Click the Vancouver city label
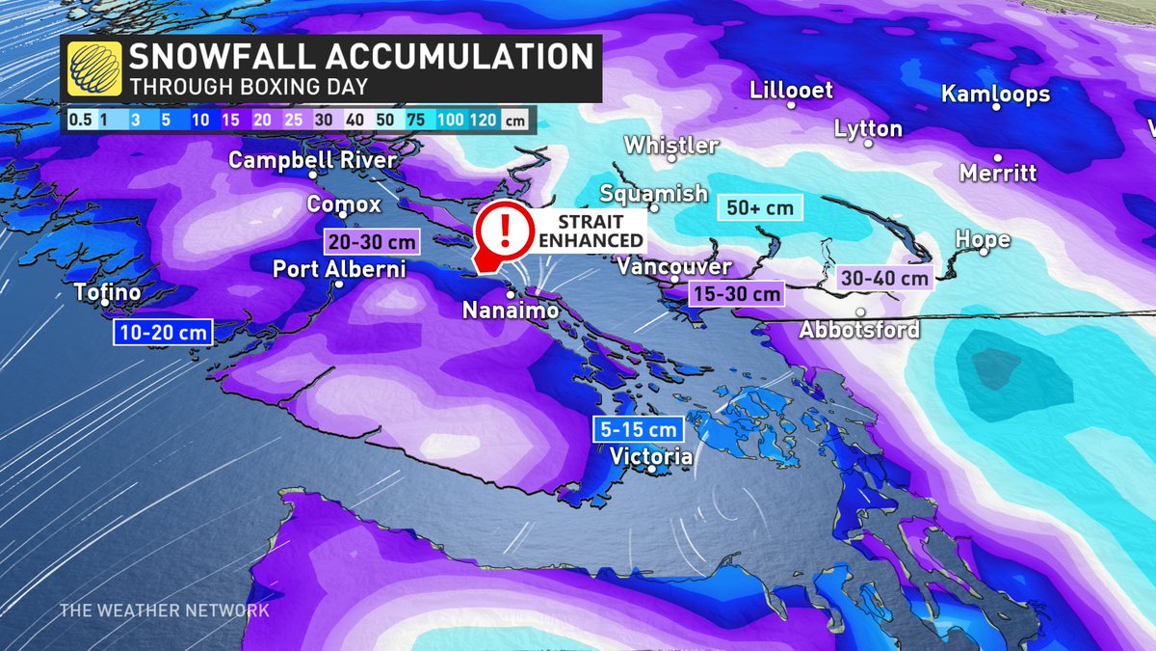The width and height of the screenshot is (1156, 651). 674,266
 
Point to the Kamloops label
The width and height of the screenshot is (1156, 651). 995,95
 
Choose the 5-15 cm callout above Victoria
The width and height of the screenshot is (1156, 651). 639,429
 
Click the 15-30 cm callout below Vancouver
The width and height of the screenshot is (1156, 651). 735,293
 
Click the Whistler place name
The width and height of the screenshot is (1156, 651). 670,146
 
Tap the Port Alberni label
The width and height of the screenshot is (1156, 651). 338,269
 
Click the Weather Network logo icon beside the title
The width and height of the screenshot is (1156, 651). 94,68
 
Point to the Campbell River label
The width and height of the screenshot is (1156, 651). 312,159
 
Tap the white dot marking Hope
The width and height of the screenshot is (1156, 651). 984,252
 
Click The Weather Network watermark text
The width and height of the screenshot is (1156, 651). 164,610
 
